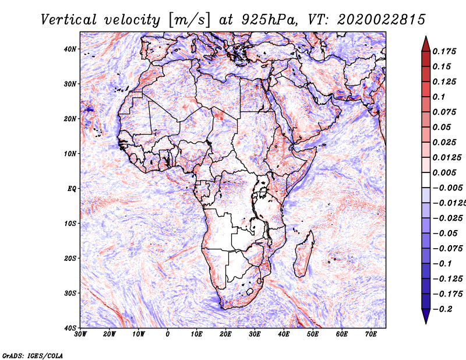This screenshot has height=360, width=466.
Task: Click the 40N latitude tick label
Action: tap(70, 49)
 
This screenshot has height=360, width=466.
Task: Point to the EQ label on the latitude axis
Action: tap(72, 189)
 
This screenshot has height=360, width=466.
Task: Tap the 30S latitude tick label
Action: tap(70, 294)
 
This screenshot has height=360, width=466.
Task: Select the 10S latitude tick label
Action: tap(70, 224)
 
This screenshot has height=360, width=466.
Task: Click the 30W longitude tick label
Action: tap(80, 334)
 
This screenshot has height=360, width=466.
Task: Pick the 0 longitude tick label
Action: tap(168, 334)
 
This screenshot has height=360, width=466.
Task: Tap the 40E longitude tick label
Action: tap(284, 334)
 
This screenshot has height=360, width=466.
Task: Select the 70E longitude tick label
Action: tap(371, 334)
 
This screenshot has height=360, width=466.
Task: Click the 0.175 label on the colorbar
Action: tap(444, 52)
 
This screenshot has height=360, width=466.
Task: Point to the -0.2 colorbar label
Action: tap(443, 309)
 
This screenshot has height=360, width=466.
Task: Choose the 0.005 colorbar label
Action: tap(444, 172)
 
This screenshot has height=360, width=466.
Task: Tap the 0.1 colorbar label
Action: tap(439, 97)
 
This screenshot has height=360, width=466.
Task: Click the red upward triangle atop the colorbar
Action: tap(426, 44)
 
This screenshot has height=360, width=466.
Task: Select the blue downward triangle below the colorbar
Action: tap(426, 316)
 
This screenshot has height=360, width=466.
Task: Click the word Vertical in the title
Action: tap(69, 20)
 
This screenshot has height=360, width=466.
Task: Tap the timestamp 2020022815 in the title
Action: tap(381, 20)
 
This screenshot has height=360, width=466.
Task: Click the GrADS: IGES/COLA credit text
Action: tap(33, 356)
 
